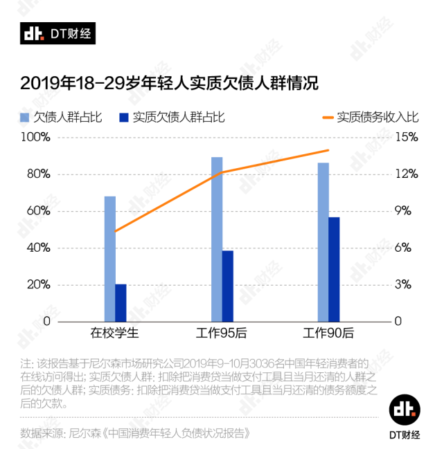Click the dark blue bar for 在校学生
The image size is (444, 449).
(121, 302)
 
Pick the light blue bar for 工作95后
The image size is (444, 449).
(217, 239)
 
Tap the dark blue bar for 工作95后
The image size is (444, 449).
(228, 286)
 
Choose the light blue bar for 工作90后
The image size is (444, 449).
(323, 242)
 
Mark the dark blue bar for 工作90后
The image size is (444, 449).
(335, 269)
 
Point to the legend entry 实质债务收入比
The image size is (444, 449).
(378, 117)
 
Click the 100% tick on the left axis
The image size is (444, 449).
(37, 137)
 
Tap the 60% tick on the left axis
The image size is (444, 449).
(39, 211)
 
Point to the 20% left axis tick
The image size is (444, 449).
(39, 284)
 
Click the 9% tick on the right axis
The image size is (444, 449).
(407, 211)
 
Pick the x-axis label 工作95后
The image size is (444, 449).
(222, 333)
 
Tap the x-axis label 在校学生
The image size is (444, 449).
(116, 333)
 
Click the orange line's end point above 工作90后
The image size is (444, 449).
(328, 150)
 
